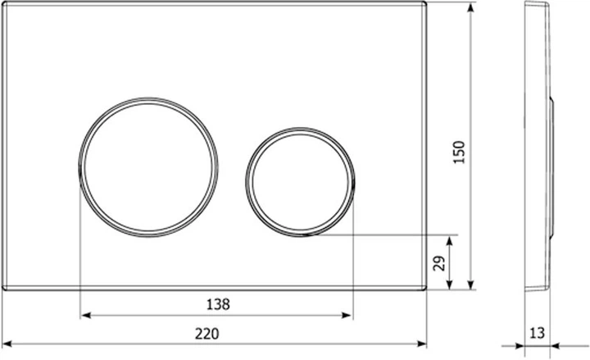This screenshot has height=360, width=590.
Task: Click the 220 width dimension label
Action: [206, 334]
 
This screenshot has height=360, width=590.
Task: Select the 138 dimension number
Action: [218, 304]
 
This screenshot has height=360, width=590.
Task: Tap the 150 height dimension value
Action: [459, 153]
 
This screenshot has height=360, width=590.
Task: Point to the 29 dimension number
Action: [439, 263]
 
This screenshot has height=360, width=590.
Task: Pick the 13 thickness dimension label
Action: [537, 333]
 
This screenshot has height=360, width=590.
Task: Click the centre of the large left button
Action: [148, 167]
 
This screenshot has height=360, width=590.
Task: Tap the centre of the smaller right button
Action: [300, 182]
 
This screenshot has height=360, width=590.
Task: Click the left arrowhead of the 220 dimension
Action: [7, 344]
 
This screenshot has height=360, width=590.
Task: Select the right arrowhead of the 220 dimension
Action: [421, 344]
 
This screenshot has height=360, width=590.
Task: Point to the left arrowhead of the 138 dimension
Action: [86, 315]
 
